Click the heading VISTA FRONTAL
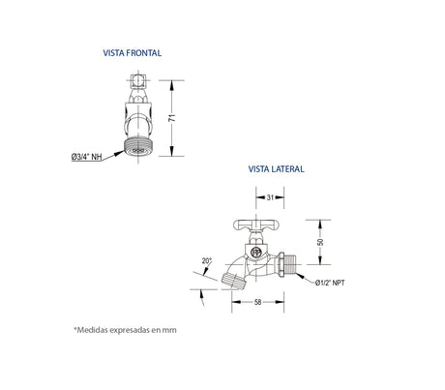click(x=138, y=54)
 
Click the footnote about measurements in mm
click(x=126, y=329)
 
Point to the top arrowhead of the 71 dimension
click(x=173, y=80)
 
